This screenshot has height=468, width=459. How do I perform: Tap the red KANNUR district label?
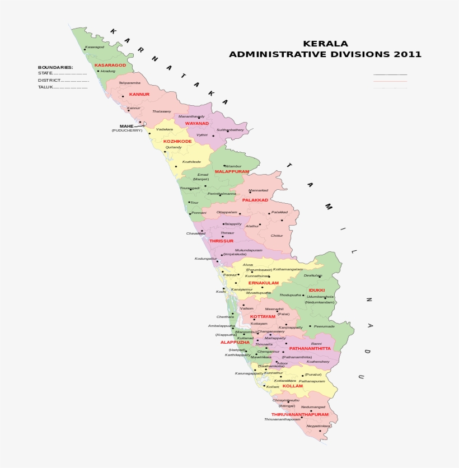pos(139,94)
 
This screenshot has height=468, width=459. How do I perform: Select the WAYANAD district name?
pos(197,123)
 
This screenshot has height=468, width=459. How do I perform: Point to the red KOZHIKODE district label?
pos(177,141)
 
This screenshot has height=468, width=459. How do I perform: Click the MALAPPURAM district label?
pos(232,171)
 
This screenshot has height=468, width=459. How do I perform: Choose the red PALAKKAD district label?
pos(255,200)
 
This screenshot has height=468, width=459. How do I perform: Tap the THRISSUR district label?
pos(222,241)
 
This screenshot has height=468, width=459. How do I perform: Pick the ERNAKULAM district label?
pos(263,283)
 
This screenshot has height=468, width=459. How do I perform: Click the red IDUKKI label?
pos(316,290)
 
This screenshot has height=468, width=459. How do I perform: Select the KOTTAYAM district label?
pos(263,316)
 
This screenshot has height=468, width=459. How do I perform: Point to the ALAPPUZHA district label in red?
pos(235,342)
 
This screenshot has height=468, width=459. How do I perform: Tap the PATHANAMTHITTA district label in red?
pos(310,348)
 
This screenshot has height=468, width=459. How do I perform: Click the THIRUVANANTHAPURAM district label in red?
pos(300,414)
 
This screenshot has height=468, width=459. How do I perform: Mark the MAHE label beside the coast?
pos(127,126)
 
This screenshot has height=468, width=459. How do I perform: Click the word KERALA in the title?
pos(325,44)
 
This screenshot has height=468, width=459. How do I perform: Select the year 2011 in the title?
pos(408,54)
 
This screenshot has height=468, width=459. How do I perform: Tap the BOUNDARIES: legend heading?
pos(55,67)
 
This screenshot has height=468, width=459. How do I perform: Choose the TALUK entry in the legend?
pos(45,87)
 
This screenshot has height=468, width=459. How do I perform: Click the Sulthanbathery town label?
pos(230,130)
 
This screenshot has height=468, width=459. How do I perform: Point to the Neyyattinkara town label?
pos(319,426)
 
